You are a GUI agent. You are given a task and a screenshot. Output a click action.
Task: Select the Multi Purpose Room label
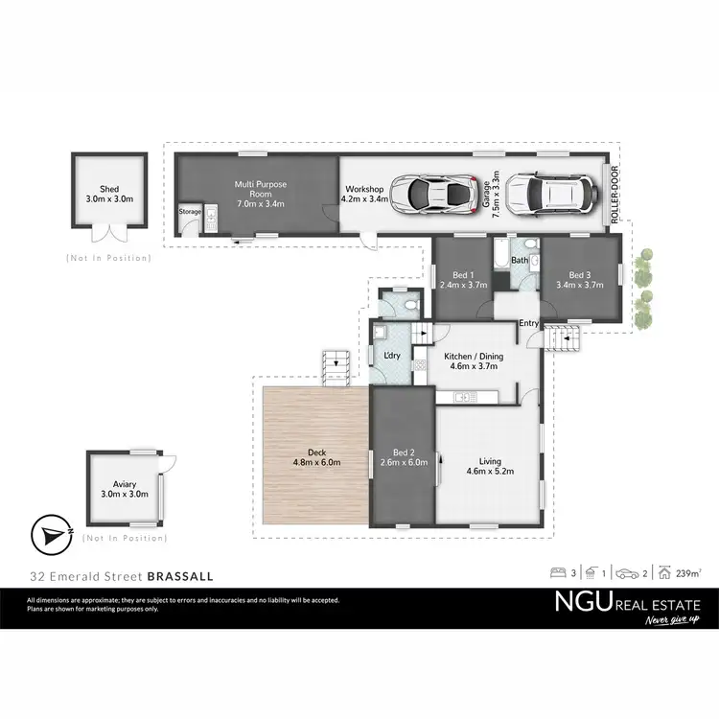pyautogui.click(x=261, y=189)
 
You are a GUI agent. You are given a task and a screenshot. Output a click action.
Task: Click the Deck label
pyautogui.click(x=312, y=457)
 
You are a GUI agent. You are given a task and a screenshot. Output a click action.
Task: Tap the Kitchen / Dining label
pyautogui.click(x=473, y=360)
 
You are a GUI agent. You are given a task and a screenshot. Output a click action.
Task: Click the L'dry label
pyautogui.click(x=391, y=356)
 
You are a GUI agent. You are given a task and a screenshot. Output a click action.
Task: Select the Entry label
pyautogui.click(x=529, y=323)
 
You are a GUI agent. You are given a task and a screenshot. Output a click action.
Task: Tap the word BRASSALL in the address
pyautogui.click(x=180, y=577)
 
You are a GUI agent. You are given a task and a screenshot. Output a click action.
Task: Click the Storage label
pyautogui.click(x=191, y=212)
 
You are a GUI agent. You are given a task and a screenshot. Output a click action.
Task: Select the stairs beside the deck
pyautogui.click(x=336, y=365)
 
